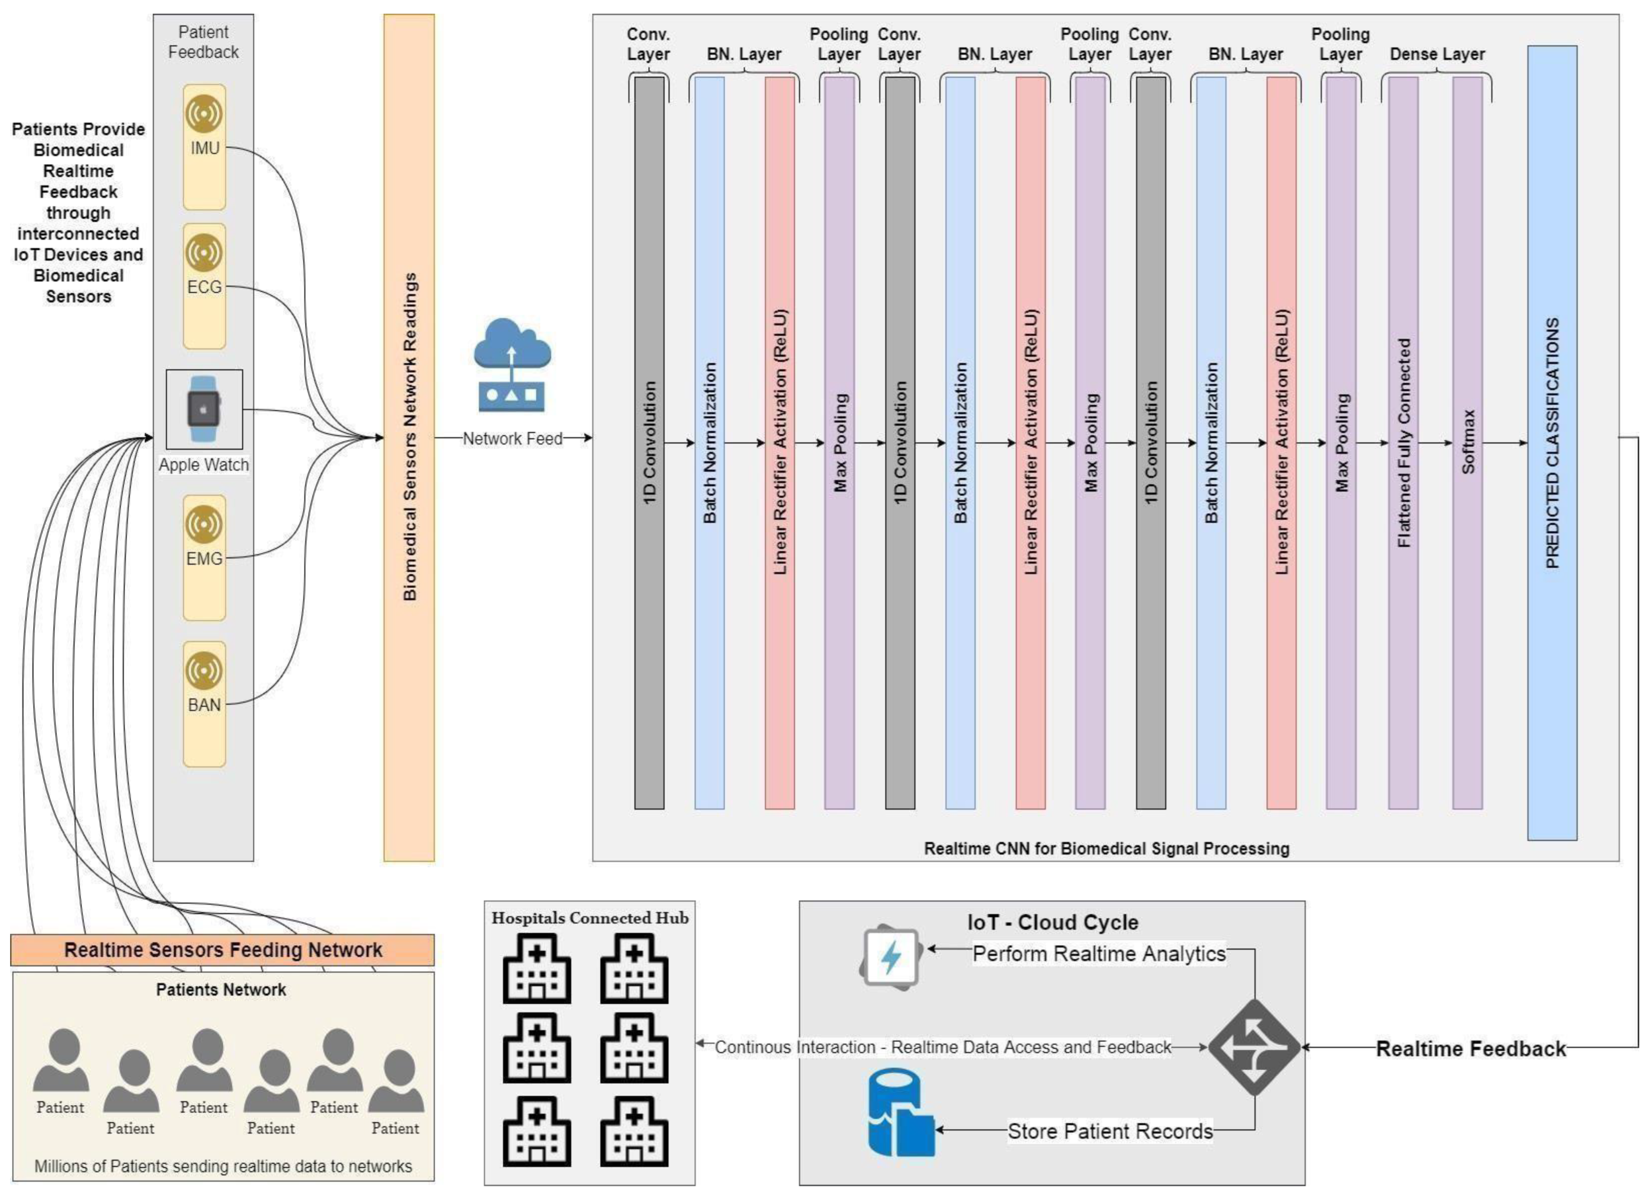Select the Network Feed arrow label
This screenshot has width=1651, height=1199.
click(x=513, y=438)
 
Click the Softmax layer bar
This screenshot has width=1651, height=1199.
click(x=1468, y=443)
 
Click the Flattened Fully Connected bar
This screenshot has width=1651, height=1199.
click(x=1403, y=443)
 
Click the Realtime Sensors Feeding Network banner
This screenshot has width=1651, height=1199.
click(x=223, y=950)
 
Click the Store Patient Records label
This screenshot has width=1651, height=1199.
click(x=1110, y=1131)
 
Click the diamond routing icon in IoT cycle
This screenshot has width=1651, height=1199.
click(x=1254, y=1047)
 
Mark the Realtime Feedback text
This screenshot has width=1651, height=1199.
click(x=1471, y=1049)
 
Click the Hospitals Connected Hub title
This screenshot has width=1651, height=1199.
click(x=590, y=918)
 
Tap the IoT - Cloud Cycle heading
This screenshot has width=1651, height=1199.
click(x=1052, y=922)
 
